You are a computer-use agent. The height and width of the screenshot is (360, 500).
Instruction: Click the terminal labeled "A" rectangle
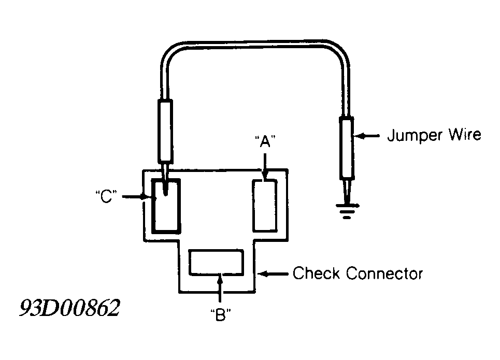click(x=265, y=205)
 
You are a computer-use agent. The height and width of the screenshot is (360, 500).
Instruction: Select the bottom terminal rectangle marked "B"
click(x=216, y=262)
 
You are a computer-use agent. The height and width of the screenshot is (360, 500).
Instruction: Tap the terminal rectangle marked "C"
click(x=166, y=205)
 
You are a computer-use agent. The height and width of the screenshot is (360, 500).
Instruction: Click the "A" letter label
click(x=265, y=141)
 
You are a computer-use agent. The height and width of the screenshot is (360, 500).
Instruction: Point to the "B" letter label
click(x=221, y=315)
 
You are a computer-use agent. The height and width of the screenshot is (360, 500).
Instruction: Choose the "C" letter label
click(x=106, y=197)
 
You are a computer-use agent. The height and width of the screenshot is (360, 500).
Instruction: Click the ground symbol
click(x=347, y=210)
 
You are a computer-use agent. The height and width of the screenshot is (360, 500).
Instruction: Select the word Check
click(x=316, y=273)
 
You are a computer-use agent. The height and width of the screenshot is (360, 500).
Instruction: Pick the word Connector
click(x=384, y=274)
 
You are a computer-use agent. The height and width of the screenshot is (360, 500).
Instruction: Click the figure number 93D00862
click(x=70, y=308)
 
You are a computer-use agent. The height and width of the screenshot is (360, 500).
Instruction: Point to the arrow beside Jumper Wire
click(x=367, y=136)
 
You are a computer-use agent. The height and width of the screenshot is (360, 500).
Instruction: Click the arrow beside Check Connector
click(x=273, y=273)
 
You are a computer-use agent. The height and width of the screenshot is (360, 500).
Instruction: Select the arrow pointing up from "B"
click(x=220, y=288)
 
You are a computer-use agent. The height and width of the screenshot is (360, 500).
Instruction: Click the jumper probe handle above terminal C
click(x=165, y=131)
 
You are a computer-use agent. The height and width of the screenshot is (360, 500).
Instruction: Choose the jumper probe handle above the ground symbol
click(x=346, y=148)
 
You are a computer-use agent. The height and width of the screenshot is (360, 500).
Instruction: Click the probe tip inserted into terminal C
click(x=165, y=180)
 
